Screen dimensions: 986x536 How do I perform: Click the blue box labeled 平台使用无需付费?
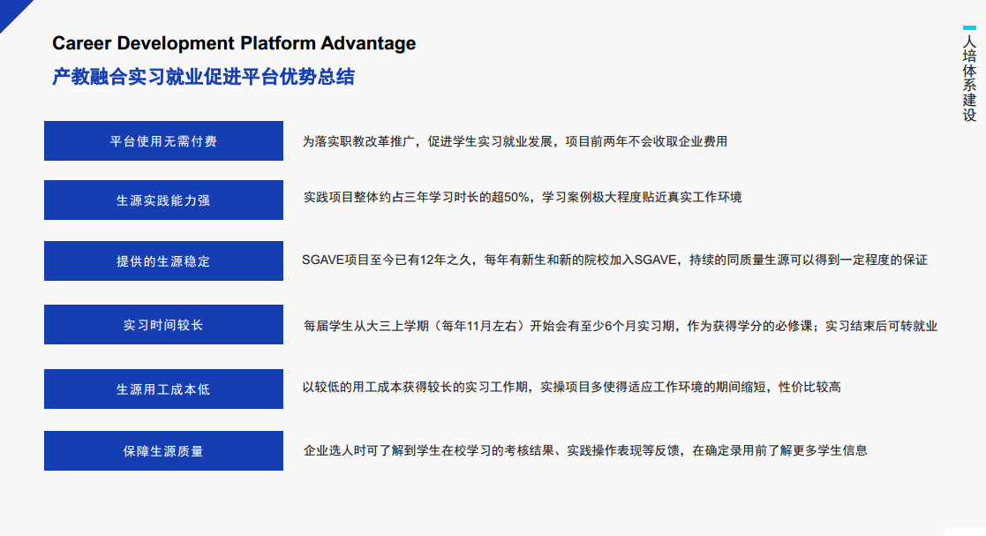tap(163, 141)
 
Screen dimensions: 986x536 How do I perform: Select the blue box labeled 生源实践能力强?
tap(163, 200)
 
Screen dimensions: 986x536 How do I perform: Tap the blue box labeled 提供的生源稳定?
tap(163, 261)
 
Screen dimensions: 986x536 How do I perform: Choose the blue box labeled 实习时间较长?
tap(163, 325)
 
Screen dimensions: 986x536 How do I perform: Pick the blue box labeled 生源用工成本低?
tap(163, 389)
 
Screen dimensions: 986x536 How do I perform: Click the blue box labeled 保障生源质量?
tap(163, 450)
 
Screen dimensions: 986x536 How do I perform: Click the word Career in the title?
tap(82, 43)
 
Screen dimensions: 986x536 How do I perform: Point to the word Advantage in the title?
tap(368, 44)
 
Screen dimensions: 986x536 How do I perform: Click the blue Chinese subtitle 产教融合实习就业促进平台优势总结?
tap(203, 77)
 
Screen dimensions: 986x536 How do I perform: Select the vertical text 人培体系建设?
tap(969, 79)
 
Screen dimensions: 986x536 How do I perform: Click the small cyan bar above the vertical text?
tap(969, 27)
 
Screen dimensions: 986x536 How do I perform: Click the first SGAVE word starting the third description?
tap(323, 260)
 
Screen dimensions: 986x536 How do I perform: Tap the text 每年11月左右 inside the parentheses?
tap(479, 326)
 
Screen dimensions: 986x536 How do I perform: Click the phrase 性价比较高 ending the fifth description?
tap(810, 387)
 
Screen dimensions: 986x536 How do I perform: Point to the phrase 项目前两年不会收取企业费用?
tap(646, 141)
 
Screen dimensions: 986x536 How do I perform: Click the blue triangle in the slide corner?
tap(12, 12)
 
